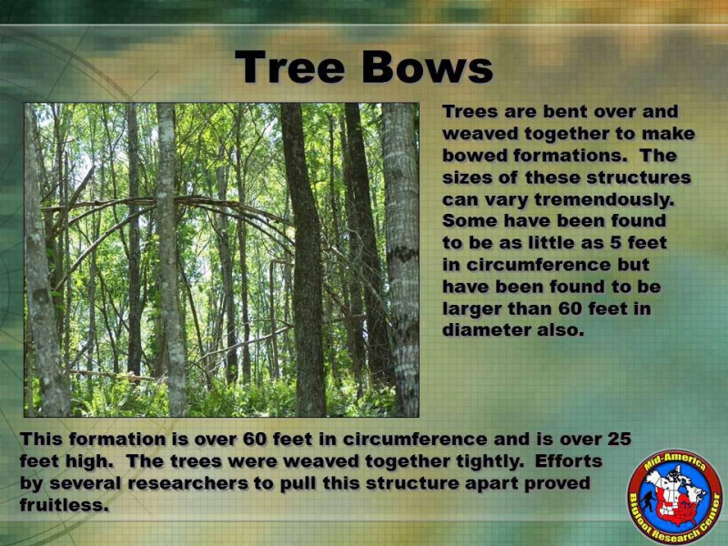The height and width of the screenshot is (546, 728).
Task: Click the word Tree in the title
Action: point(290,66)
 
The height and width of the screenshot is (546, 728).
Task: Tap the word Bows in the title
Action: point(427,66)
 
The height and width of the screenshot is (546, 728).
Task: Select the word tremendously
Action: point(603,199)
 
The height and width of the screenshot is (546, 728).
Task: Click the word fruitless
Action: point(64,505)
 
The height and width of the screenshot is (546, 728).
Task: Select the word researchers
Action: point(188,483)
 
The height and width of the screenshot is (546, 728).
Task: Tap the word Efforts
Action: point(568,461)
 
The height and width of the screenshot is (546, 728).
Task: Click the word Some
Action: point(470,220)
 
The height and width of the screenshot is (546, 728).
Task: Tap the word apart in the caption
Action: point(490,484)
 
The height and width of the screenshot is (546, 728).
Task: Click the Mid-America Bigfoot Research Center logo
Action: point(675,497)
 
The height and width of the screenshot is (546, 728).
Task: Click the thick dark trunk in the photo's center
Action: point(304,260)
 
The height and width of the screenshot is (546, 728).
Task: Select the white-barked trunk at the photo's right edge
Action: point(401,260)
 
